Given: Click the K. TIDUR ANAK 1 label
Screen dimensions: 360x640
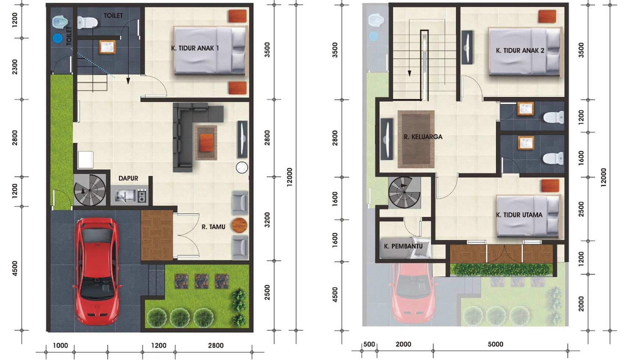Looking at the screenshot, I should pos(195,48).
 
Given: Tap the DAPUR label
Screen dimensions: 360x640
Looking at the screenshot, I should pos(128,178).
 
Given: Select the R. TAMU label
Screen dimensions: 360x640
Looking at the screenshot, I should pos(213,227).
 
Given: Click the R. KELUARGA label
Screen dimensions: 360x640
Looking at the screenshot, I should pos(423,137).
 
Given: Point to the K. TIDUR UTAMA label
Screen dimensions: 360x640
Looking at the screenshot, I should pos(519,215).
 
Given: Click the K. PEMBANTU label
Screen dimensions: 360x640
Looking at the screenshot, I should pos(403,246).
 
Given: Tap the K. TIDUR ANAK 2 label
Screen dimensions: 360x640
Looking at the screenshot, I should pos(520,50).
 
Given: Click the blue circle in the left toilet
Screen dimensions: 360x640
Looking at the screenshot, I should pos(57,38).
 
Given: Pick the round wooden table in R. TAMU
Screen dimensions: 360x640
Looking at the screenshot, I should pos(239,225).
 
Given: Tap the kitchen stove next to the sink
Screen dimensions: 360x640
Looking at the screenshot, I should pos(142,196).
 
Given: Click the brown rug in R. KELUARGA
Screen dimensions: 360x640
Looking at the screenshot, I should pos(416,139).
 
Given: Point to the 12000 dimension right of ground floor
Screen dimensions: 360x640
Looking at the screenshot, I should pos(290,177).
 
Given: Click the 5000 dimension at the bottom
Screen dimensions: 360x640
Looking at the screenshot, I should pos(495,344).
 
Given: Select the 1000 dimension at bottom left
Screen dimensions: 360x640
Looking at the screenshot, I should pos(60,345).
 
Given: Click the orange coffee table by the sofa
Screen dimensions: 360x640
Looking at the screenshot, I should pos(206,142).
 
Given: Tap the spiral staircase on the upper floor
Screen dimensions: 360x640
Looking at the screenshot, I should pos(404,192).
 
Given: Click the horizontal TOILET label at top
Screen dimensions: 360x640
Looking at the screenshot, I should pos(113,15).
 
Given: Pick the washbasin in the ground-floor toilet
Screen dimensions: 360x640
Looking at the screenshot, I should pos(107,47).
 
